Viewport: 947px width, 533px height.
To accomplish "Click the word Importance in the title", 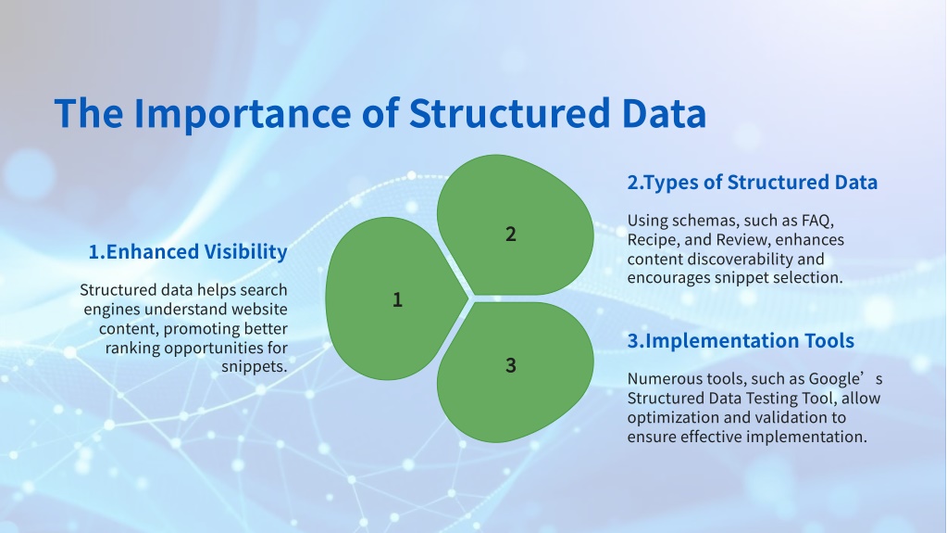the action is pyautogui.click(x=243, y=114).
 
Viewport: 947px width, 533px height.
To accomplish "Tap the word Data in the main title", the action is pyautogui.click(x=664, y=113).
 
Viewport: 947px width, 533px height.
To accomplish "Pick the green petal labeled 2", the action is pyautogui.click(x=516, y=225).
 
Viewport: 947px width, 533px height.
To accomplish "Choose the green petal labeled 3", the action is pyautogui.click(x=516, y=372).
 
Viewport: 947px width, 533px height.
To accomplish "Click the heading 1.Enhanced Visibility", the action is pyautogui.click(x=188, y=252).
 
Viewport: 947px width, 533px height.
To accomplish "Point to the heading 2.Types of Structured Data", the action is pyautogui.click(x=752, y=182).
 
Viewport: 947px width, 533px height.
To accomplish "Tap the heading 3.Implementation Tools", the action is pyautogui.click(x=741, y=340).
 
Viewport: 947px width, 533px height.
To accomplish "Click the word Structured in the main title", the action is pyautogui.click(x=510, y=113).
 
